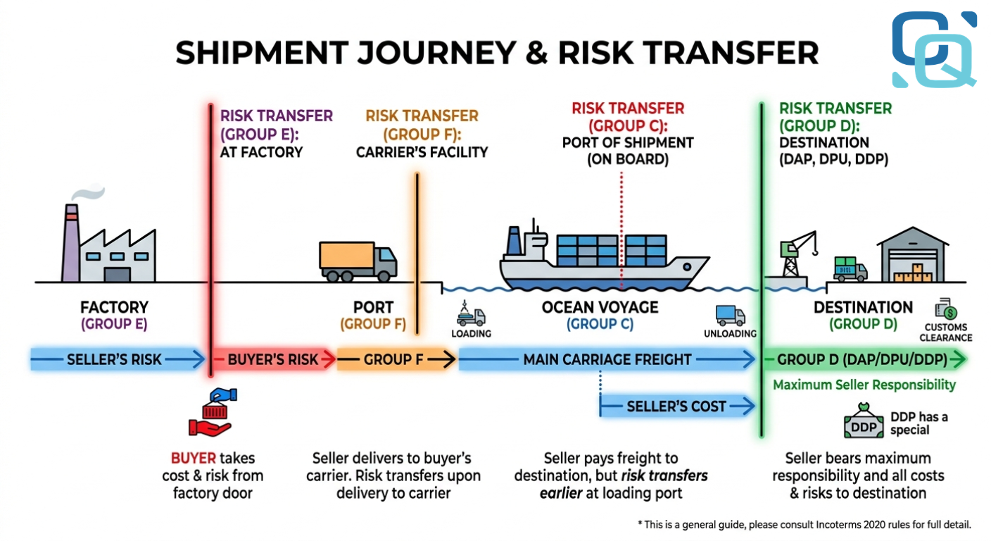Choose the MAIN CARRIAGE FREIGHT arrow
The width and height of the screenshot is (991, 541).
[x=607, y=360]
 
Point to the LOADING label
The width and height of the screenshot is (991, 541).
[x=471, y=333]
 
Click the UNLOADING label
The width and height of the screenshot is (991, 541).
[x=730, y=333]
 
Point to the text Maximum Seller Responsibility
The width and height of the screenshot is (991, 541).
[x=864, y=385]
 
